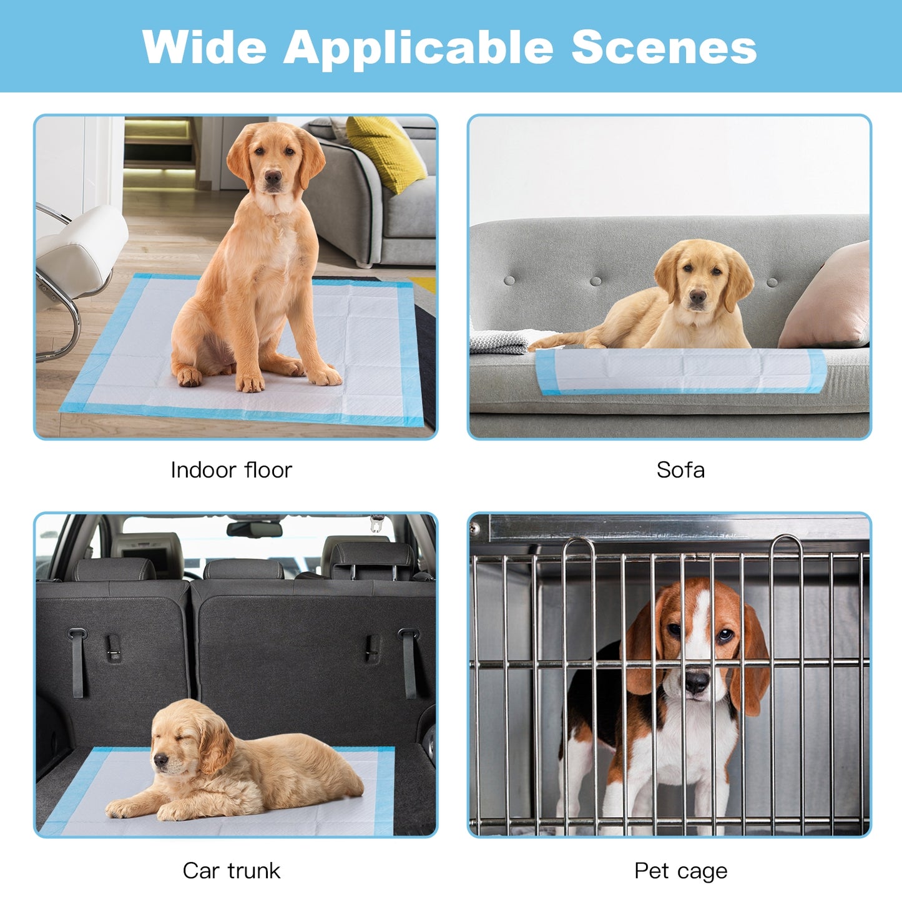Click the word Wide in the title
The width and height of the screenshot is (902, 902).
(x=204, y=47)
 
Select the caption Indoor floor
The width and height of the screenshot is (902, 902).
(x=231, y=470)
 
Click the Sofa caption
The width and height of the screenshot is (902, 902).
(x=680, y=470)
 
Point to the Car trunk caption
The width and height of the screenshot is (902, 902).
(x=231, y=871)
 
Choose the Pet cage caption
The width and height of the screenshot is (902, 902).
(x=680, y=871)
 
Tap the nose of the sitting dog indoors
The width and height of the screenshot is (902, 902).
(x=272, y=179)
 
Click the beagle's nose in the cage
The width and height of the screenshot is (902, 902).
(x=697, y=682)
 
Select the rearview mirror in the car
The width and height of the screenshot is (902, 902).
(x=254, y=529)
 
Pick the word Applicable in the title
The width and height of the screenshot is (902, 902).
(x=418, y=47)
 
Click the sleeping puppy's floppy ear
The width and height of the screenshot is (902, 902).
(x=215, y=747)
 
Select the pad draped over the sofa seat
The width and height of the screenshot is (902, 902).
(x=680, y=371)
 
